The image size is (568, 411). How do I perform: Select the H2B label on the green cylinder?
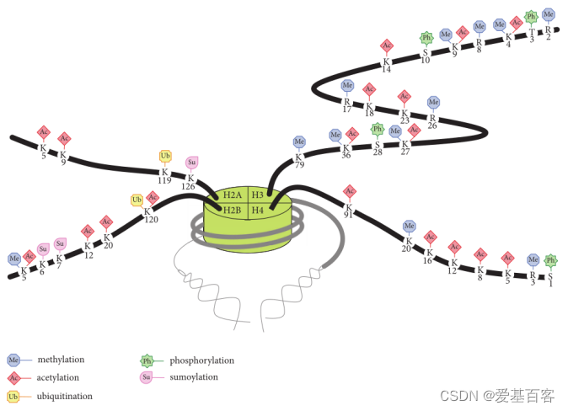pyautogui.click(x=232, y=209)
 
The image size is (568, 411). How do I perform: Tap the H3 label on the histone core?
pyautogui.click(x=258, y=195)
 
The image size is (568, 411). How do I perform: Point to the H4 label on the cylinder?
pyautogui.click(x=258, y=209)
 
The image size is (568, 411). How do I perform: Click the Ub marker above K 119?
pyautogui.click(x=165, y=156)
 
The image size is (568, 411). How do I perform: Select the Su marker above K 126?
pyautogui.click(x=191, y=162)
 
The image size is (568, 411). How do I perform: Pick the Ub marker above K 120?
pyautogui.click(x=137, y=200)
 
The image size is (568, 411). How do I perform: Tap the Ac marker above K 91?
pyautogui.click(x=350, y=191)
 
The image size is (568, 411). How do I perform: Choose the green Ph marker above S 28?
pyautogui.click(x=378, y=129)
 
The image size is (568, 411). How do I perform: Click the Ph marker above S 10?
pyautogui.click(x=426, y=37)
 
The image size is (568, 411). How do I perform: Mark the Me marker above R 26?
pyautogui.click(x=433, y=102)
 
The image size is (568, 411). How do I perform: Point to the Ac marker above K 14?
pyautogui.click(x=387, y=45)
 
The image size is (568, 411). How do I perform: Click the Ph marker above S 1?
pyautogui.click(x=550, y=260)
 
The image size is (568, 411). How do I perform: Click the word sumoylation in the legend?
pyautogui.click(x=193, y=377)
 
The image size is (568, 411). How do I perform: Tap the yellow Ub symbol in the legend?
pyautogui.click(x=13, y=396)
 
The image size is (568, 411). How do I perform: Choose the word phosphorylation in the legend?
pyautogui.click(x=201, y=360)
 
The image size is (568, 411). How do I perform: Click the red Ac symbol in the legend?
pyautogui.click(x=13, y=377)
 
